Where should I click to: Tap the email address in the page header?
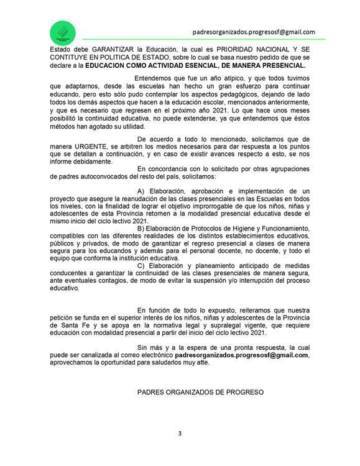click(x=253, y=31)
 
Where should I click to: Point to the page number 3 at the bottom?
click(x=180, y=432)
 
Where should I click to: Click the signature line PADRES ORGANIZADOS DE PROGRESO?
click(x=200, y=392)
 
